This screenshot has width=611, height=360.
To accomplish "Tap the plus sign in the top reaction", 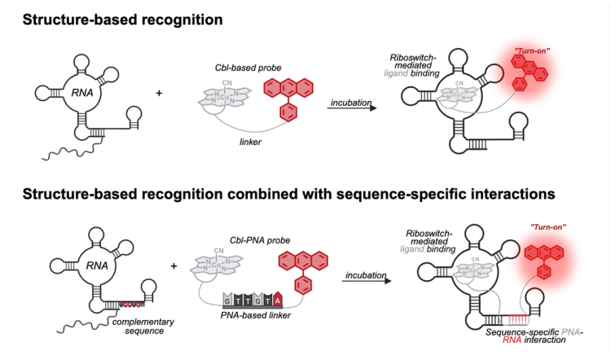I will pos(158,94).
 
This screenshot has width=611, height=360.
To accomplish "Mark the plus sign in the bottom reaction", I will pos(174,266).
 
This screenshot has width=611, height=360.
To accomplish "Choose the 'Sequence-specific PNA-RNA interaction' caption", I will pos(515,338).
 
